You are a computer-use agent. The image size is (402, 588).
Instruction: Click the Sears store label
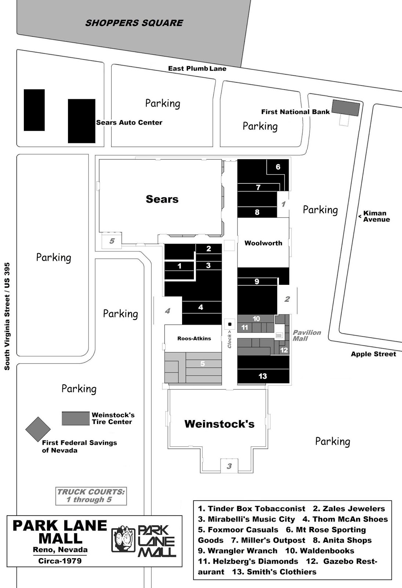point(162,199)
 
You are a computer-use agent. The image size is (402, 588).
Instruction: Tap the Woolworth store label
point(263,243)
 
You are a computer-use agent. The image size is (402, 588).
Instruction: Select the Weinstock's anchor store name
point(219,424)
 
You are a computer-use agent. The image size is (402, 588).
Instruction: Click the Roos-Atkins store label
point(194,338)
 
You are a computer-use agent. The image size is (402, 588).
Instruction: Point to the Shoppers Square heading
point(134,23)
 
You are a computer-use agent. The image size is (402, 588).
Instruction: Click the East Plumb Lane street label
point(197,68)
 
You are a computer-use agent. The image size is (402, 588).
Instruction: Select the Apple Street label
point(373,354)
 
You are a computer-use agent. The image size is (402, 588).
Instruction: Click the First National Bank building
point(345,107)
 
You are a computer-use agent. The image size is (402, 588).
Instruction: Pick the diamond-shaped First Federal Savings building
point(38,429)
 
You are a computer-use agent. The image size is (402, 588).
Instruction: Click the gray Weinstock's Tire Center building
point(76,418)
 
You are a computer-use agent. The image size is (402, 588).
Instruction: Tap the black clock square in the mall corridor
point(230,324)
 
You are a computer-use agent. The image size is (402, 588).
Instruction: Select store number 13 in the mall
point(262,376)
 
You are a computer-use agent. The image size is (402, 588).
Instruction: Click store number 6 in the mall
point(278,167)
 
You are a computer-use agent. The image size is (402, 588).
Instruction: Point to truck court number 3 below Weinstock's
point(229,466)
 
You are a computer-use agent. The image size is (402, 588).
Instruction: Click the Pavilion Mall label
point(307,335)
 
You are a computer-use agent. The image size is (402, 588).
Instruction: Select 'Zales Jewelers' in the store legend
point(349,509)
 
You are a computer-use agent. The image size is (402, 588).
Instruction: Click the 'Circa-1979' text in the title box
point(60,561)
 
